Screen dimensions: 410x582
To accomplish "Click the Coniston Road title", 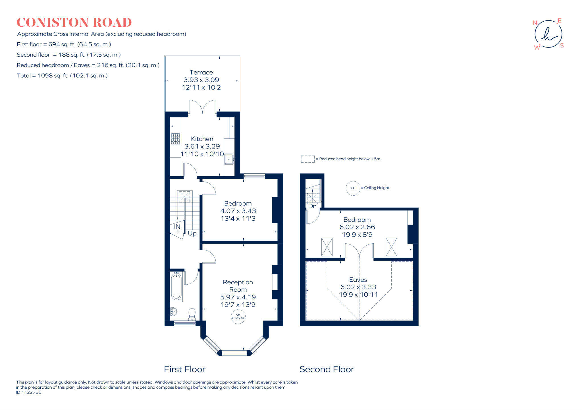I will [x=74, y=22].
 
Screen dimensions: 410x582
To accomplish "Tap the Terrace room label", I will [x=201, y=72].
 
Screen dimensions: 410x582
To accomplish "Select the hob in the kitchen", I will [x=175, y=139].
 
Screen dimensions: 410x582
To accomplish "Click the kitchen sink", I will [x=229, y=159].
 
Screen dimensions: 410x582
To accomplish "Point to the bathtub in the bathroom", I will [x=176, y=287].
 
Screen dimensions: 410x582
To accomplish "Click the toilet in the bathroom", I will [x=192, y=314].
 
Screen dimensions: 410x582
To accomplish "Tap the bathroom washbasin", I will [x=174, y=312].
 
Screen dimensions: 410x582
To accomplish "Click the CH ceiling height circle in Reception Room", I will [x=238, y=316].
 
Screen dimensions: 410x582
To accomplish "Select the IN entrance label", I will [x=177, y=227].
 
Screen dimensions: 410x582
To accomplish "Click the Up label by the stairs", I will [x=192, y=233].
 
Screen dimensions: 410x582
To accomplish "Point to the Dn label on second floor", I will [x=312, y=206].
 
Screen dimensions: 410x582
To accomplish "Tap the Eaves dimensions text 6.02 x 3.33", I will [x=358, y=287].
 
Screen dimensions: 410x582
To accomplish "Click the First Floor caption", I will [x=185, y=369].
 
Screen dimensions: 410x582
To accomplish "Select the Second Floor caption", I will [x=327, y=369].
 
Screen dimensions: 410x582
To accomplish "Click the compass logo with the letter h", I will [x=548, y=34].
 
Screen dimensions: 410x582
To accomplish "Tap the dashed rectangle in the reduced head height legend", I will [x=308, y=159].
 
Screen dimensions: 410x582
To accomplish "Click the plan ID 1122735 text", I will [x=29, y=392].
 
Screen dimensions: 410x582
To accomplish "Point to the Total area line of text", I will [x=62, y=76].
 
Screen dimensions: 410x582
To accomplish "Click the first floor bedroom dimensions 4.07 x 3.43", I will [x=238, y=211].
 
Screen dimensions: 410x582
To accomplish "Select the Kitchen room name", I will [x=202, y=139].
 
